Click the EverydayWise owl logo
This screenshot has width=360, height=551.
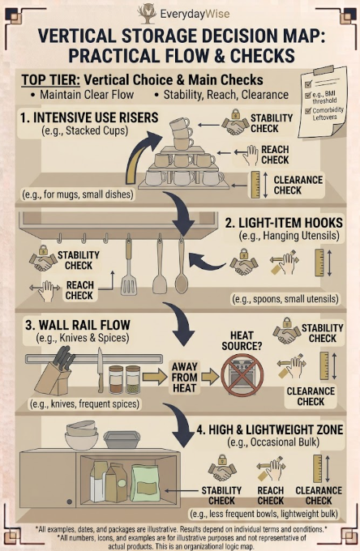(147, 14)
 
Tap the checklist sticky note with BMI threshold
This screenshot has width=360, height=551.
(323, 102)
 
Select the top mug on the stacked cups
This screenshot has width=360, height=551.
(180, 124)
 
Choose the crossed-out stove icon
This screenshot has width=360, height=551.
(242, 375)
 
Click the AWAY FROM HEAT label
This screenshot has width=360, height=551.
(184, 378)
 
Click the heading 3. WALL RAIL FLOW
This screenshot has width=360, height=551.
(77, 325)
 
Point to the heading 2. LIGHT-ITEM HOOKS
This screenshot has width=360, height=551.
(284, 223)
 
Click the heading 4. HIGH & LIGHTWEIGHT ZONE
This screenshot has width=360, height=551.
(270, 429)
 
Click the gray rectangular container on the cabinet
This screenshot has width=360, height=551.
(122, 440)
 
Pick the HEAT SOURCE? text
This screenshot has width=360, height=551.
(242, 341)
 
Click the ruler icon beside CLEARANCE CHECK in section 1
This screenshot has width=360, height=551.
(255, 185)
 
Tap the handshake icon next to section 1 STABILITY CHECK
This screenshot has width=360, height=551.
(235, 124)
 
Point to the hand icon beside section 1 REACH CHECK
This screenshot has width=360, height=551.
(251, 155)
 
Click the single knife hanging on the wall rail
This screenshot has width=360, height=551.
(101, 370)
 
